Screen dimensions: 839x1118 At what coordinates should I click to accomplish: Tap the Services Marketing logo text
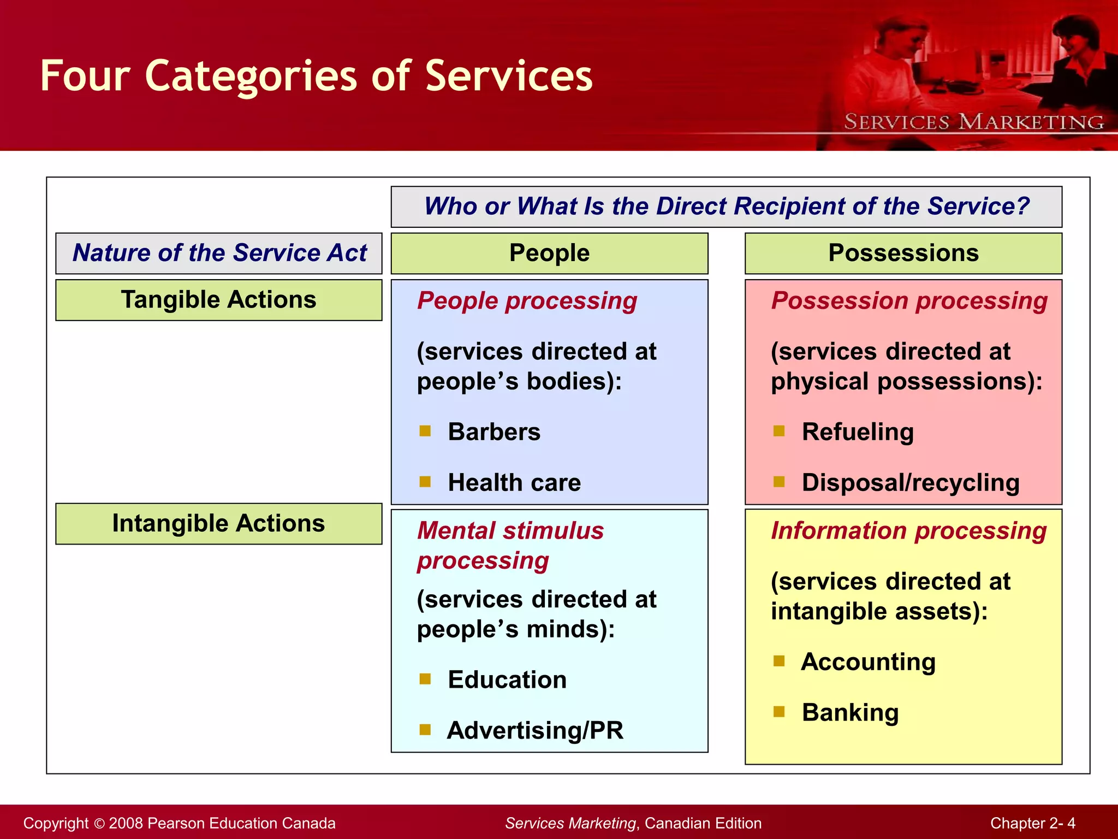pyautogui.click(x=973, y=122)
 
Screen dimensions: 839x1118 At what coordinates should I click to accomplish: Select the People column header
pyautogui.click(x=549, y=253)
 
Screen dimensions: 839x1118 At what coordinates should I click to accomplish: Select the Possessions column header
pyautogui.click(x=903, y=253)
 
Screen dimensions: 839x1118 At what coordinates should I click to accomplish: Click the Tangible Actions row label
pyautogui.click(x=218, y=300)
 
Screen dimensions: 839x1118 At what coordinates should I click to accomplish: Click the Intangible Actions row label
pyautogui.click(x=218, y=523)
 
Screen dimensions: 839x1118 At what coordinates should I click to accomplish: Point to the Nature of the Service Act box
pyautogui.click(x=219, y=253)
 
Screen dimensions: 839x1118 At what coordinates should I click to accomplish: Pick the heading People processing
pyautogui.click(x=527, y=301)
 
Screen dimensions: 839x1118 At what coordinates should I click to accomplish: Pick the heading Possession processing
pyautogui.click(x=909, y=301)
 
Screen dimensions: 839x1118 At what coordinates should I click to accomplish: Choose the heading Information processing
pyautogui.click(x=908, y=531)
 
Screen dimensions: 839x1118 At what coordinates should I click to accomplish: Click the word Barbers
pyautogui.click(x=494, y=432)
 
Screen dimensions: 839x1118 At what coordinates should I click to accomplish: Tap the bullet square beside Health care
pyautogui.click(x=425, y=482)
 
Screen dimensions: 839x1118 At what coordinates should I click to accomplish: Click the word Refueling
pyautogui.click(x=858, y=432)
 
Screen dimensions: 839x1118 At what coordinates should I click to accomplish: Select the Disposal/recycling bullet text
pyautogui.click(x=911, y=483)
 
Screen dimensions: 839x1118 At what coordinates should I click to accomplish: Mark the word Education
pyautogui.click(x=507, y=680)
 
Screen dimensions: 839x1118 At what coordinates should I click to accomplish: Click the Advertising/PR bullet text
pyautogui.click(x=535, y=731)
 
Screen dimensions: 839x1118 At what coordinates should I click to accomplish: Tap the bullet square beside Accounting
pyautogui.click(x=779, y=661)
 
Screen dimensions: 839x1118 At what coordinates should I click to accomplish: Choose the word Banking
pyautogui.click(x=850, y=713)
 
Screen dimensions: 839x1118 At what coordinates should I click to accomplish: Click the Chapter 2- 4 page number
pyautogui.click(x=1032, y=823)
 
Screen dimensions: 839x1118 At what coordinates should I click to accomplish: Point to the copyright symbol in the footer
pyautogui.click(x=99, y=824)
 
